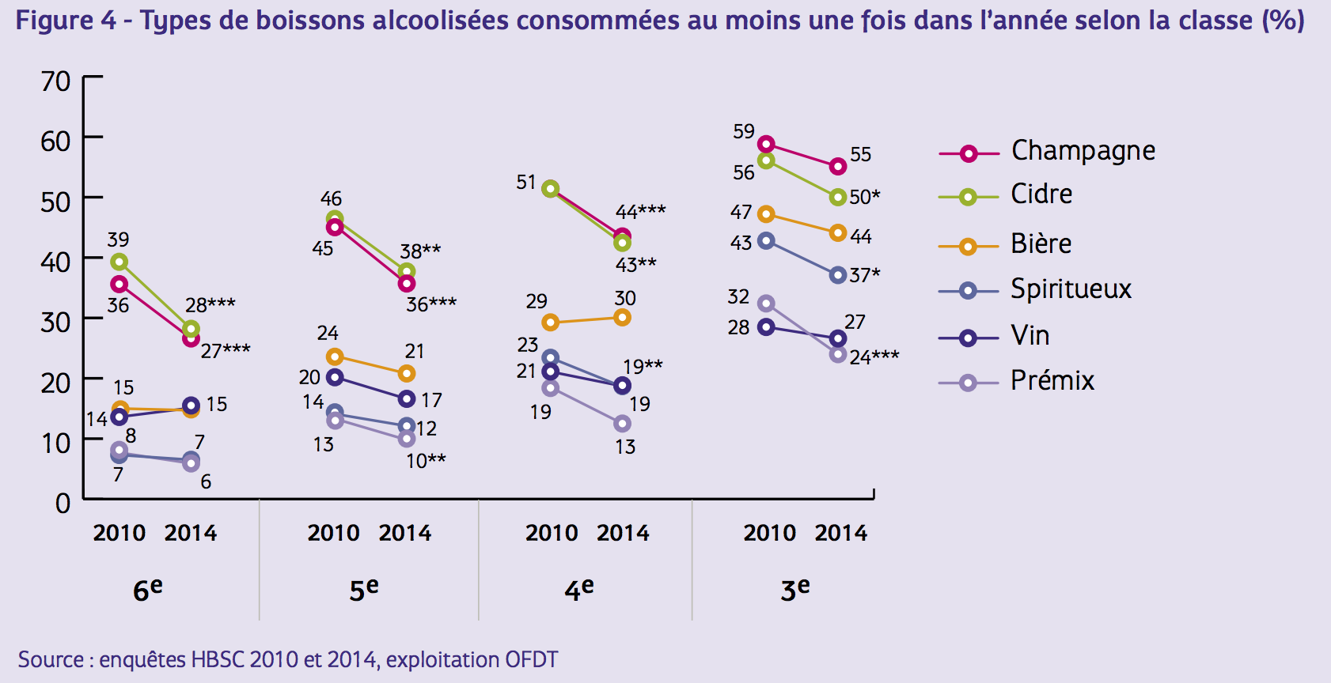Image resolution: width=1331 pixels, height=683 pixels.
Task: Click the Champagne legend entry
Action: (x=1083, y=150)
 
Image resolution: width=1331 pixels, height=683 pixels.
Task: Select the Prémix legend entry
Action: (x=1052, y=381)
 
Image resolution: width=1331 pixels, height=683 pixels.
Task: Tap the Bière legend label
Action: (x=1041, y=243)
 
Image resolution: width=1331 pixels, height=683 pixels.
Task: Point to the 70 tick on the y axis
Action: (x=55, y=81)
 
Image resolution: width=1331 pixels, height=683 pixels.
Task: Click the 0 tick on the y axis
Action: (x=63, y=503)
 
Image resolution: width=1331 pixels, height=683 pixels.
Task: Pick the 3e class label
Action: (x=794, y=589)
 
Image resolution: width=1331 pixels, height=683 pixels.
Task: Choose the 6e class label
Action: (x=147, y=589)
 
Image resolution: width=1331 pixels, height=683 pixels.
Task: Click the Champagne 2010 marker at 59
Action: (x=766, y=144)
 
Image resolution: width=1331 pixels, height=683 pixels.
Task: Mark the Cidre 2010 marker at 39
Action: (x=119, y=262)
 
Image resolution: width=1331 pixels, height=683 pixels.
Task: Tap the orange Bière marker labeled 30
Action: (x=623, y=318)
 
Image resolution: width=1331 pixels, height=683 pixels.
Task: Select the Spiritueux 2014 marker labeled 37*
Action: (x=838, y=275)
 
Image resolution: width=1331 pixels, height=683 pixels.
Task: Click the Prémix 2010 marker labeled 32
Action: (x=766, y=304)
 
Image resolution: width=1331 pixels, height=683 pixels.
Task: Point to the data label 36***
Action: (x=431, y=304)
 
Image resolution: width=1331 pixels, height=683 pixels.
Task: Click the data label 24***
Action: (x=874, y=357)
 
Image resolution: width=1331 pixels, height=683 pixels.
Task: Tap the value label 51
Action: (x=526, y=183)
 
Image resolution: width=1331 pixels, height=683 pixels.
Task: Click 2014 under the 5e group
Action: (x=405, y=533)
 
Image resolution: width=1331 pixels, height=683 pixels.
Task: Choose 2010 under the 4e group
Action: (x=552, y=533)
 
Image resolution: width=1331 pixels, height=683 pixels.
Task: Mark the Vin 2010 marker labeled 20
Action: (x=335, y=377)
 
